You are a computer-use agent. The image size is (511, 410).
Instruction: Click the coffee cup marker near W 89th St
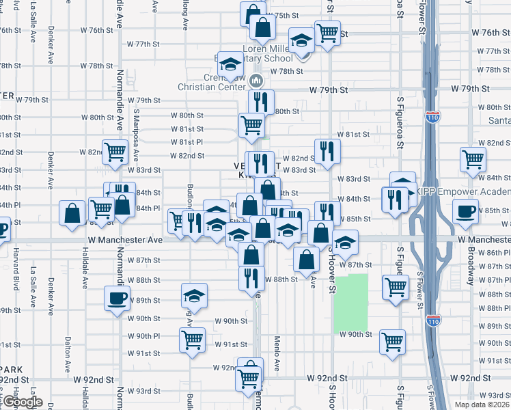116,297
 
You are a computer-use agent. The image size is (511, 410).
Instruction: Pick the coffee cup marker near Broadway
467,212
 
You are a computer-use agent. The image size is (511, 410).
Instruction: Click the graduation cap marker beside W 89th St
195,296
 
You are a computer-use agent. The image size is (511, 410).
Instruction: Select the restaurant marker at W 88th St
251,277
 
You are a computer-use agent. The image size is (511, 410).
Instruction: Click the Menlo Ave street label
277,353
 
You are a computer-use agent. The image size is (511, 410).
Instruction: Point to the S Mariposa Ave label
137,131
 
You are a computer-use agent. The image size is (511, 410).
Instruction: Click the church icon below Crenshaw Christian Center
257,81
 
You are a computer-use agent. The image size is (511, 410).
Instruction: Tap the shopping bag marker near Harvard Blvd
72,213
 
